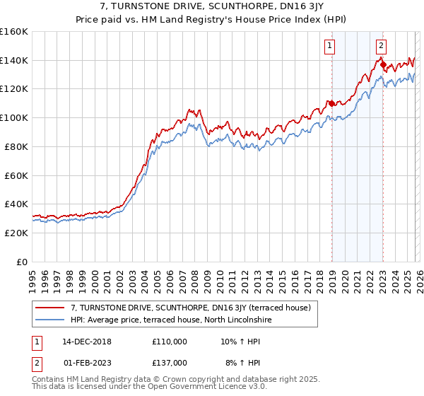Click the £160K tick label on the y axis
pyautogui.click(x=13, y=32)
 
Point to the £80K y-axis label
pyautogui.click(x=16, y=146)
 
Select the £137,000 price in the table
pyautogui.click(x=170, y=363)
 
